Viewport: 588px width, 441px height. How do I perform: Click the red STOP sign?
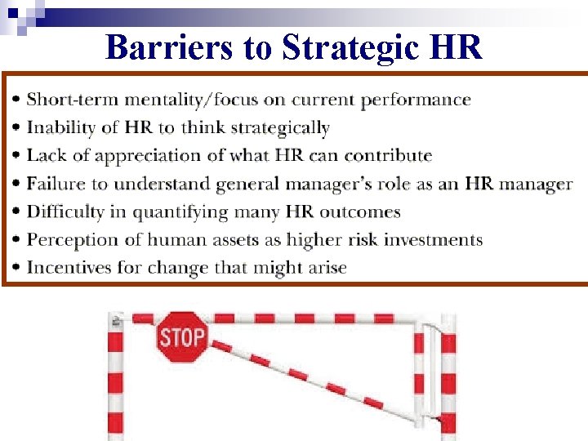coord(181,337)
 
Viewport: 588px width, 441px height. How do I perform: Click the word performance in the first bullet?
coord(419,100)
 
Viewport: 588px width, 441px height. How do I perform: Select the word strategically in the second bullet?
coord(282,128)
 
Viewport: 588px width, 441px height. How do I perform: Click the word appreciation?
coord(136,156)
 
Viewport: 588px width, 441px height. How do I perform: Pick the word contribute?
coord(388,156)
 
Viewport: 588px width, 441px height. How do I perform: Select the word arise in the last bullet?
coord(327,268)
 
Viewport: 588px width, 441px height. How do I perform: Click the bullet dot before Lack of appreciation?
coord(17,156)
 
